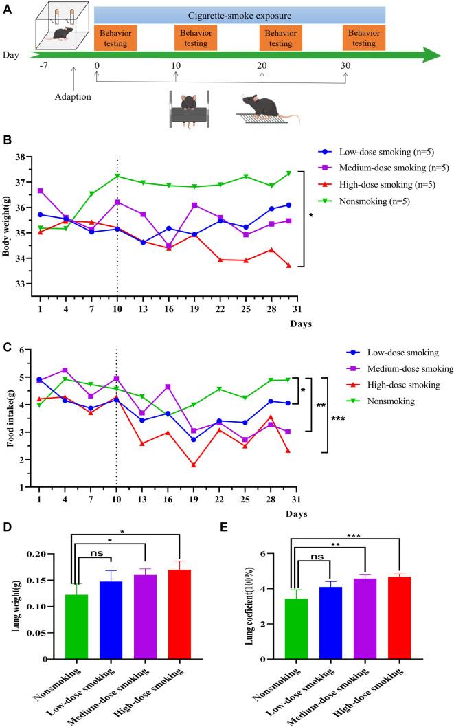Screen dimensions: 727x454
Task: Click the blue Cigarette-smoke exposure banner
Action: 239,15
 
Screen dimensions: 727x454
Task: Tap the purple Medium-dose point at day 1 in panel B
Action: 41,190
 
